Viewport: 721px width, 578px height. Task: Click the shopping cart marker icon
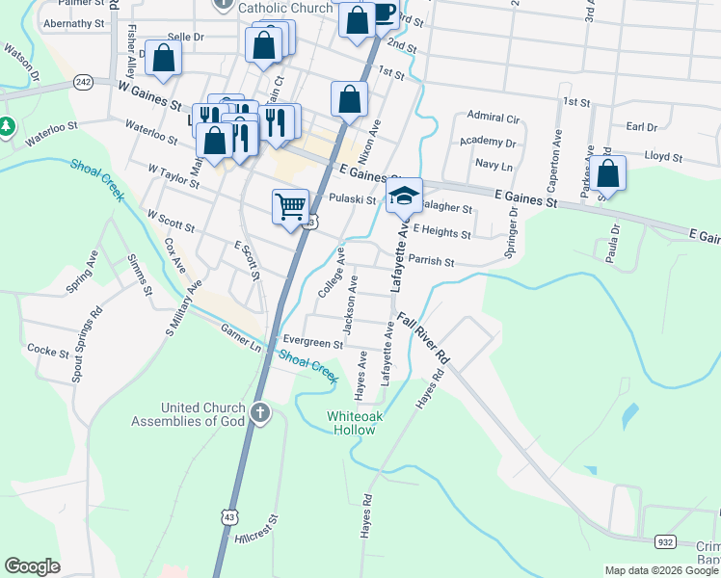[x=291, y=206]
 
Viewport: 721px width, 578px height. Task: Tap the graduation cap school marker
[x=405, y=197]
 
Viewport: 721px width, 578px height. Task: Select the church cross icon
[x=258, y=414]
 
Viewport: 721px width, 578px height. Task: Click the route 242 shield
[x=83, y=83]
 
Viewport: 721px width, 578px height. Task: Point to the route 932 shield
[x=666, y=541]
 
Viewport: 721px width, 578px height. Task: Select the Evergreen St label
[x=312, y=342]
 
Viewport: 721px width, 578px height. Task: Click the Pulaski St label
[x=352, y=199]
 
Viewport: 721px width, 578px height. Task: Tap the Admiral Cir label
[x=493, y=118]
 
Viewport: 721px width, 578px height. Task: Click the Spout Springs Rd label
[x=87, y=345]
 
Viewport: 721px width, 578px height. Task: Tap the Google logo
[x=32, y=566]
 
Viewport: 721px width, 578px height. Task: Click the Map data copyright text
[x=660, y=570]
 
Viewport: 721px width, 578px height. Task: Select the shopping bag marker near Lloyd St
[x=607, y=173]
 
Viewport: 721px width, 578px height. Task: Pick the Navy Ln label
[x=493, y=165]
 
